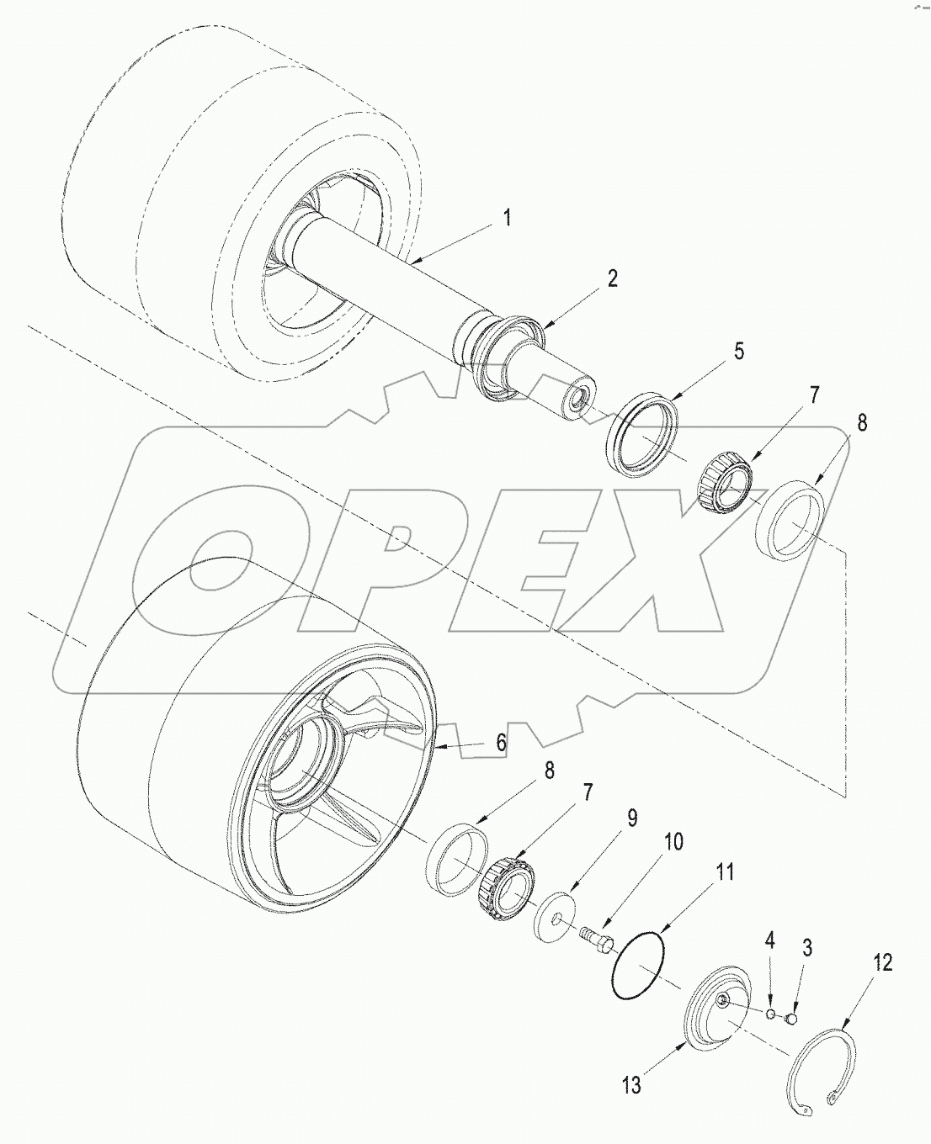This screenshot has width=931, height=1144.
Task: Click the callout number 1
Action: (507, 218)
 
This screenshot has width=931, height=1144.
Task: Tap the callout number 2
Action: (612, 279)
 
